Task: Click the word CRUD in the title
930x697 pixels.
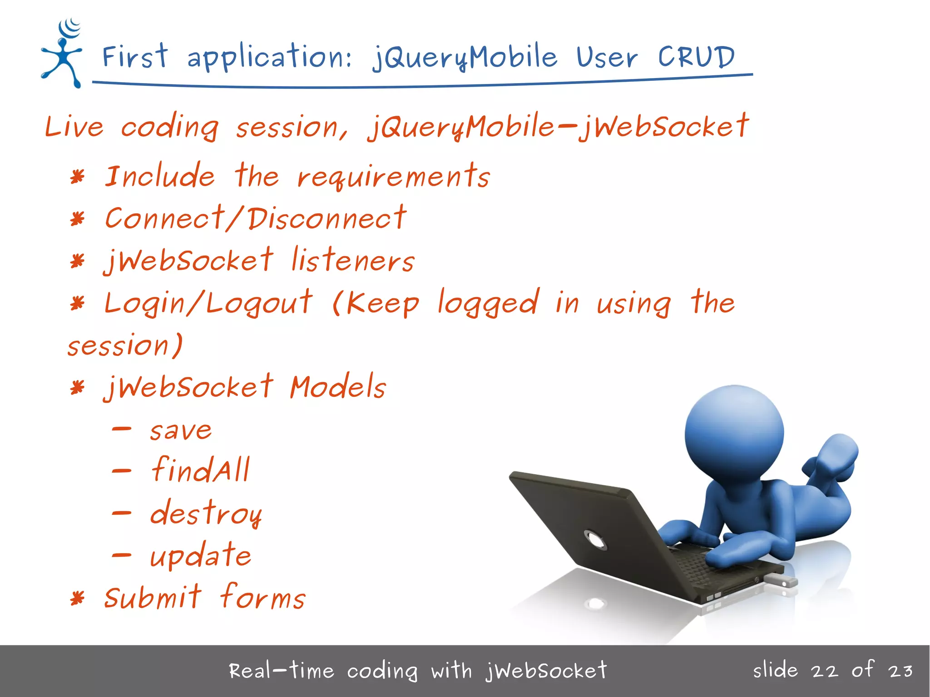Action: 696,58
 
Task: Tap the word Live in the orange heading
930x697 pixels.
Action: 74,127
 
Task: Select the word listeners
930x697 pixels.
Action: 352,261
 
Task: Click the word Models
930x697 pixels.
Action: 338,387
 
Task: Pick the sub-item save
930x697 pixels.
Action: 181,430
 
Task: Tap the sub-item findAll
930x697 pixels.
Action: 200,470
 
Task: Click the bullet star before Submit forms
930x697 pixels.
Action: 78,598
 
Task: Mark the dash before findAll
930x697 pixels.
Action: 122,471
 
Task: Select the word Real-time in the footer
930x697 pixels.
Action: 281,671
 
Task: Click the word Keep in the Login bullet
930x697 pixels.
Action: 382,303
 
